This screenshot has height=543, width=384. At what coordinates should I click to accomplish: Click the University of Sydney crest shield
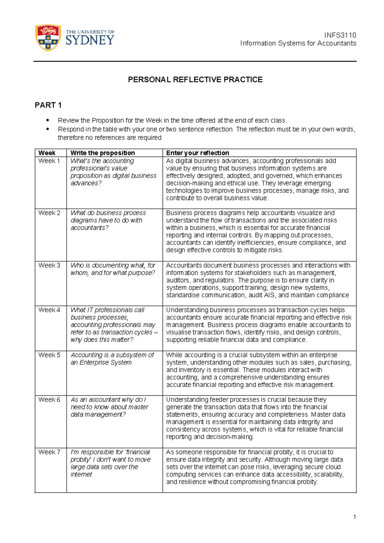(x=48, y=37)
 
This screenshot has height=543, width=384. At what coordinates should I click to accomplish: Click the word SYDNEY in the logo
(x=90, y=40)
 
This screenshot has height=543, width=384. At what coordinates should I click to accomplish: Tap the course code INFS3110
(x=340, y=35)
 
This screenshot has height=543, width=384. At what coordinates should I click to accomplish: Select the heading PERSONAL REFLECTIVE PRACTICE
(x=195, y=80)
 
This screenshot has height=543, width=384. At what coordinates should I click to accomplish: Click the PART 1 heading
(x=48, y=105)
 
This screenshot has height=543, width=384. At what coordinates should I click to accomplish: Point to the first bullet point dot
(x=48, y=121)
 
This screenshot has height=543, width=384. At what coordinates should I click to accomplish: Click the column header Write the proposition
(x=102, y=153)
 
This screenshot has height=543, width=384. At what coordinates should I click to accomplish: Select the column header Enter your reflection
(x=197, y=153)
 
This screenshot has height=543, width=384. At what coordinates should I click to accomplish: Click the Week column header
(x=47, y=153)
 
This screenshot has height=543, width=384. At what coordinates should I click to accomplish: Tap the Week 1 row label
(x=49, y=161)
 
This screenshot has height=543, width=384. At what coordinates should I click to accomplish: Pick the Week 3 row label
(x=49, y=265)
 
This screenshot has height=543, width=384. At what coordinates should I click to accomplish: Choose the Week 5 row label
(x=49, y=355)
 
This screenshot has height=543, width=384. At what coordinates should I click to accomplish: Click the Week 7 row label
(x=49, y=452)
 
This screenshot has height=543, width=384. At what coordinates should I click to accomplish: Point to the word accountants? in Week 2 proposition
(x=89, y=228)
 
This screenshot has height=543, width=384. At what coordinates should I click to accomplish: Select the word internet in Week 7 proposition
(x=81, y=474)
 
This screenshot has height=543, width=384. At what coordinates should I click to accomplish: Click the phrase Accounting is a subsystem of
(x=112, y=355)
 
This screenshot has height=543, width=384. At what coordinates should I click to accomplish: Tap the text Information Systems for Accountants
(x=298, y=44)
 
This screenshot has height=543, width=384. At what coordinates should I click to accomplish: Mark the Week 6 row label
(x=49, y=400)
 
